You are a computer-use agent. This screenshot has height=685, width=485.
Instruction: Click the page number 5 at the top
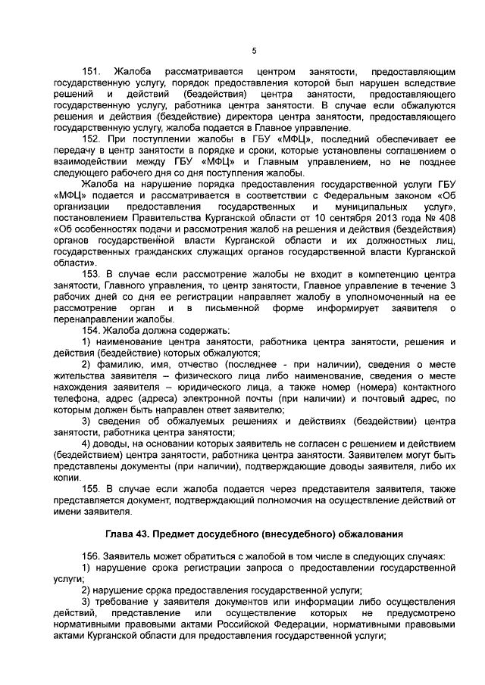click(255, 51)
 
